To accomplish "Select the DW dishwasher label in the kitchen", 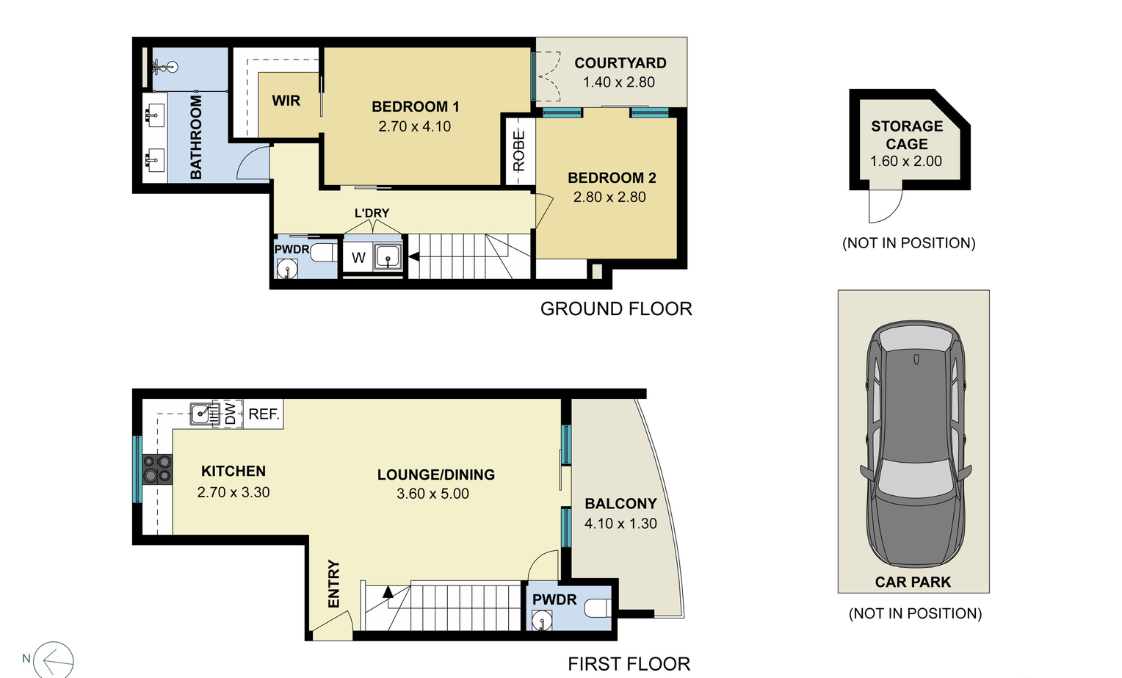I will click(231, 414).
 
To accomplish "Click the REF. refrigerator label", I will click(264, 414).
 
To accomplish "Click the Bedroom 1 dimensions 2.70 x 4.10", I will click(414, 126).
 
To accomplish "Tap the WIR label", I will click(286, 101).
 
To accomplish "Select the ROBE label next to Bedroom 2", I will click(519, 151).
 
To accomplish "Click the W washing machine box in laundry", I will click(358, 258).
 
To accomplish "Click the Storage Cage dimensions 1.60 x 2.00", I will click(905, 162).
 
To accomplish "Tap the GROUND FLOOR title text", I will click(616, 309).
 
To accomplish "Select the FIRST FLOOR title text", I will click(629, 664).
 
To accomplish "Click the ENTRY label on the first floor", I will click(334, 584).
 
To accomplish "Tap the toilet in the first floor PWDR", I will click(598, 608).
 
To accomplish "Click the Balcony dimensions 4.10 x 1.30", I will click(620, 524).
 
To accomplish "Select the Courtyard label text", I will click(620, 63).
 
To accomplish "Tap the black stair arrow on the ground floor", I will click(413, 256).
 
